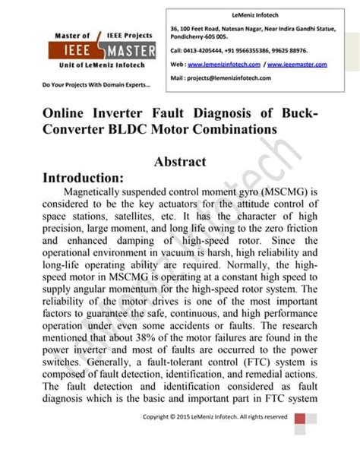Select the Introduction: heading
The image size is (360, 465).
pyautogui.click(x=90, y=178)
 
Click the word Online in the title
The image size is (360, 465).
pyautogui.click(x=65, y=112)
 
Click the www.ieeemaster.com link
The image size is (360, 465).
pyautogui.click(x=298, y=65)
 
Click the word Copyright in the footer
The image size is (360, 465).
pyautogui.click(x=157, y=416)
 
